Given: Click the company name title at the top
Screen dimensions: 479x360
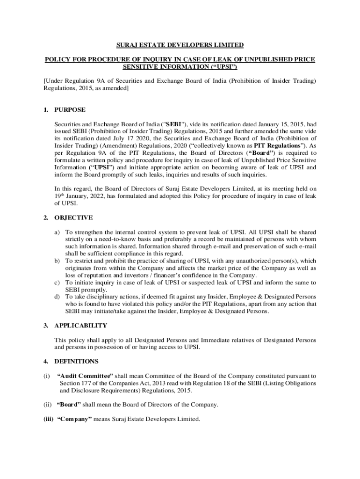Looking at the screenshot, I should [180, 45].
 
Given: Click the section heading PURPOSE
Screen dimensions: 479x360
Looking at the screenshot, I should [70, 110].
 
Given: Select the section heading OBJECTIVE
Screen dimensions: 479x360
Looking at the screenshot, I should [73, 218].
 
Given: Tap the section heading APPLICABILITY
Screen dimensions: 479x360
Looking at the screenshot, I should [80, 326].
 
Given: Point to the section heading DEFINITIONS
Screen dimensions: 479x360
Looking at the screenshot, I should [76, 362].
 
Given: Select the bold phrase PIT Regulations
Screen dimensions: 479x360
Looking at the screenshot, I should [277, 145].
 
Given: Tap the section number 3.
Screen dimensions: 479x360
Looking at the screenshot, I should [46, 326].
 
